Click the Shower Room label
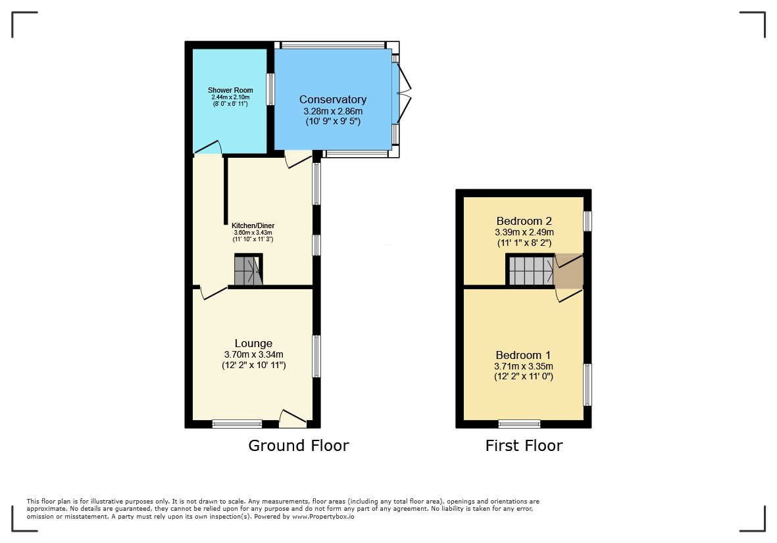[x=230, y=90]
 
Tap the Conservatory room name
[x=333, y=99]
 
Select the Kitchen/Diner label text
[x=253, y=225]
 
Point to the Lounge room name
[x=254, y=344]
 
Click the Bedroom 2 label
[x=524, y=222]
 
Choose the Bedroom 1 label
[x=523, y=356]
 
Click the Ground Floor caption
[x=299, y=446]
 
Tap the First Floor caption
[x=524, y=446]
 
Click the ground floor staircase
[x=248, y=270]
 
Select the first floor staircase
[x=531, y=270]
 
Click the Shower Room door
[x=207, y=147]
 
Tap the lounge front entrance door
[x=293, y=419]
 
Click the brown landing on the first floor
[x=569, y=271]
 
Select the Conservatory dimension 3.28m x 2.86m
[x=333, y=111]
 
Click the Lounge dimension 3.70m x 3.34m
[x=254, y=354]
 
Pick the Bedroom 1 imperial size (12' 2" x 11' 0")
[x=524, y=377]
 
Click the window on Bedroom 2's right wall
[x=588, y=222]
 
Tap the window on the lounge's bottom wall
[x=238, y=424]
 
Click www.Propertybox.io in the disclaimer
[x=323, y=517]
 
